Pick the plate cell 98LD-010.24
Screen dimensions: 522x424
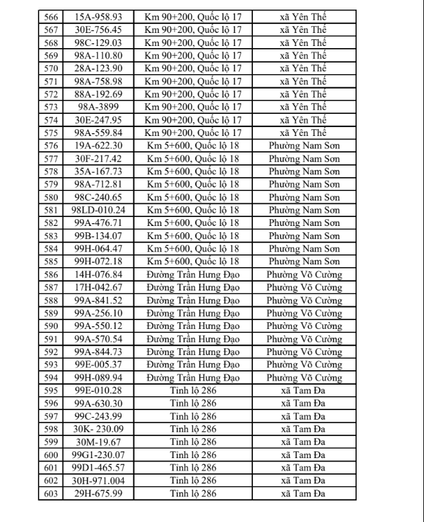coord(97,209)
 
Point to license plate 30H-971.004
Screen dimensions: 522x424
coord(97,481)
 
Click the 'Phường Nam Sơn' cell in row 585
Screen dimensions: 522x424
coord(304,261)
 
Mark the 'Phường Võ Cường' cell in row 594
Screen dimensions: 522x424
coord(304,377)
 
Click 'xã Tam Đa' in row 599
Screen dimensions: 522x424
coord(304,442)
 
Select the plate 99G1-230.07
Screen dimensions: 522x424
coord(97,455)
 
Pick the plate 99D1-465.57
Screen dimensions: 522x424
coord(97,468)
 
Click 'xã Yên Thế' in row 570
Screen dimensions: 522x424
coord(304,68)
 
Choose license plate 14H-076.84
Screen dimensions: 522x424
coord(97,274)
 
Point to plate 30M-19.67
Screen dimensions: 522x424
coord(97,442)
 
